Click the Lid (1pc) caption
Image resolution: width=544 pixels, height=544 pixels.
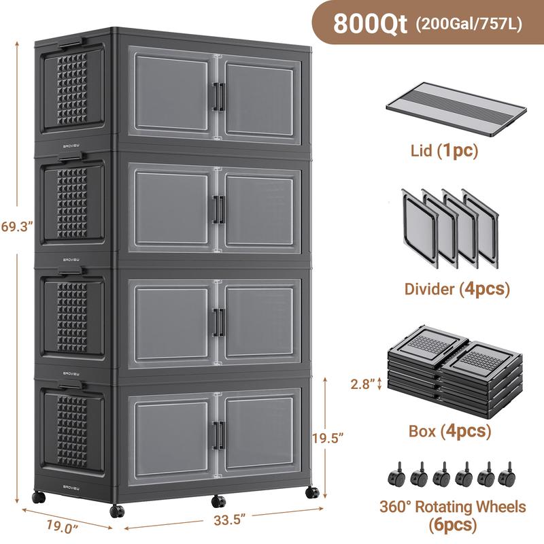(x=445, y=150)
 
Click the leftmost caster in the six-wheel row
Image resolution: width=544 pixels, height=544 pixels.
(x=395, y=475)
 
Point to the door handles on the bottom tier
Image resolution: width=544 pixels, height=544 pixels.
(x=218, y=435)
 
